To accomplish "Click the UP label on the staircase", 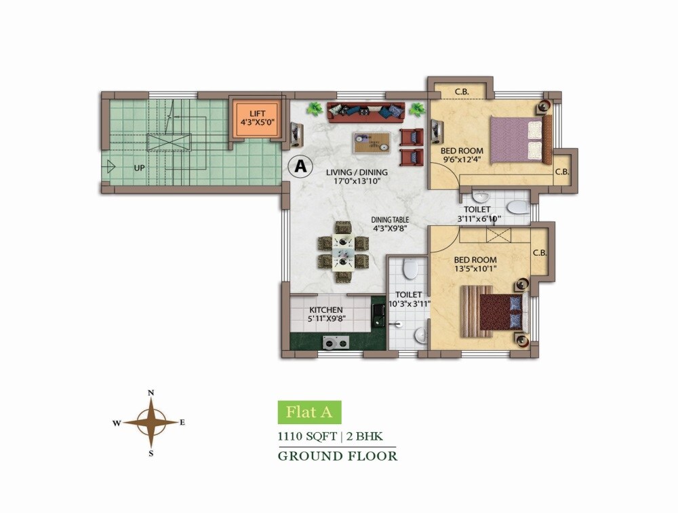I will [139, 167].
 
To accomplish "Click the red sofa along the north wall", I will [365, 111].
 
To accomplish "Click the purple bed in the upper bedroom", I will [517, 138].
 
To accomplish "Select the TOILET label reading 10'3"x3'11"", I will [409, 299].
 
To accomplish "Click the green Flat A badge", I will [309, 412].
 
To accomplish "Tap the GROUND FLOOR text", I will [337, 456].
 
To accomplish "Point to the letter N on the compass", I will [152, 393].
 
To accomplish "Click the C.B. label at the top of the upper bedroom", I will [462, 92].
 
